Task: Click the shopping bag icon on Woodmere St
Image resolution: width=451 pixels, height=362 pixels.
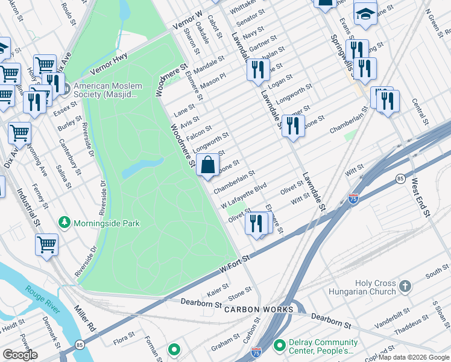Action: click(x=207, y=164)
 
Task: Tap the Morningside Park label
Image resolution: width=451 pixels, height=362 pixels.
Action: click(x=107, y=223)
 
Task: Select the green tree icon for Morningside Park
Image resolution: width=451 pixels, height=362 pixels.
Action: click(x=65, y=223)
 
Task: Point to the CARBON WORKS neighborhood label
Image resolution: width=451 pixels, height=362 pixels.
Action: click(x=259, y=310)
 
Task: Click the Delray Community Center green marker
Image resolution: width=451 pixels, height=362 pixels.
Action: click(x=279, y=346)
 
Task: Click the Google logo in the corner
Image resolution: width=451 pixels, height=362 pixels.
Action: click(x=20, y=355)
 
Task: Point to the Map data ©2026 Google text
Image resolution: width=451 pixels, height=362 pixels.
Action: click(x=414, y=357)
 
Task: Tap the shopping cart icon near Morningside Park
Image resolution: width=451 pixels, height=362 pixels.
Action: click(x=47, y=244)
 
